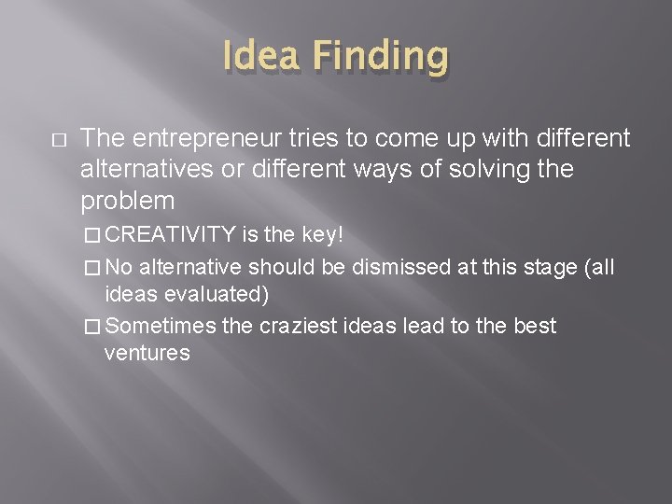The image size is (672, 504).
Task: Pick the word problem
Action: click(x=128, y=201)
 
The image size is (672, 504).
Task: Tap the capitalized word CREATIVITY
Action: click(x=179, y=232)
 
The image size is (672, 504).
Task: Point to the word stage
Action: click(x=540, y=266)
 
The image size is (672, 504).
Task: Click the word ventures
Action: click(x=147, y=354)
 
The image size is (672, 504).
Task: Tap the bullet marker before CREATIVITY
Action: click(x=89, y=233)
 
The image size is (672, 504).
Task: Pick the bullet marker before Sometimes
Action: click(x=89, y=327)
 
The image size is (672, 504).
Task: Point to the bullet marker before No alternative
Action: click(x=89, y=267)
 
